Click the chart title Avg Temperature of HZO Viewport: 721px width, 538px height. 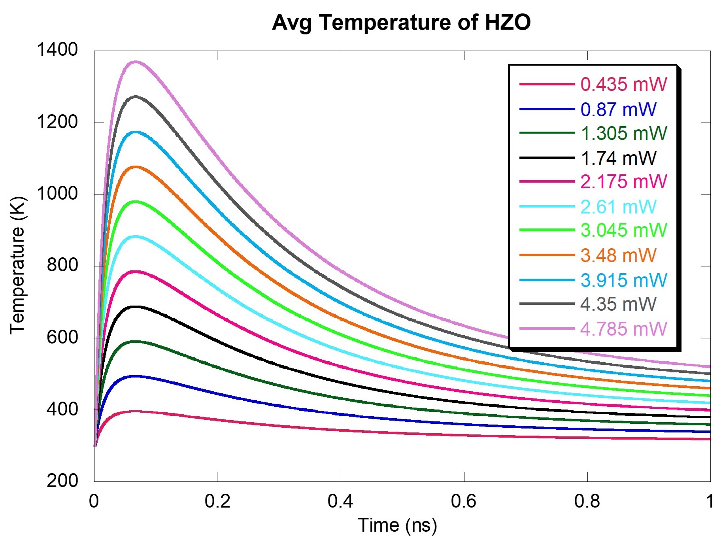401,23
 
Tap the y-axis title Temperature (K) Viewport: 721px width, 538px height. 17,265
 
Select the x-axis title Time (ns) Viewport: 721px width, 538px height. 397,525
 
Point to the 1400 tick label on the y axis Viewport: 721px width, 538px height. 57,50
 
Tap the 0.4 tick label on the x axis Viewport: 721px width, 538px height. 340,501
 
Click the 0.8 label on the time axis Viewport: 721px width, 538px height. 587,501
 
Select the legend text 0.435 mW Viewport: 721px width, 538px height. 624,84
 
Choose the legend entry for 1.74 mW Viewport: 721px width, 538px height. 618,158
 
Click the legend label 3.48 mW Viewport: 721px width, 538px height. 618,255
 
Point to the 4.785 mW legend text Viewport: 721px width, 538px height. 624,329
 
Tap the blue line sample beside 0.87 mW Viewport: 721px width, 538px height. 547,109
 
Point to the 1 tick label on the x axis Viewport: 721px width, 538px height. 710,501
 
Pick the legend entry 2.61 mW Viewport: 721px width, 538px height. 618,207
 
